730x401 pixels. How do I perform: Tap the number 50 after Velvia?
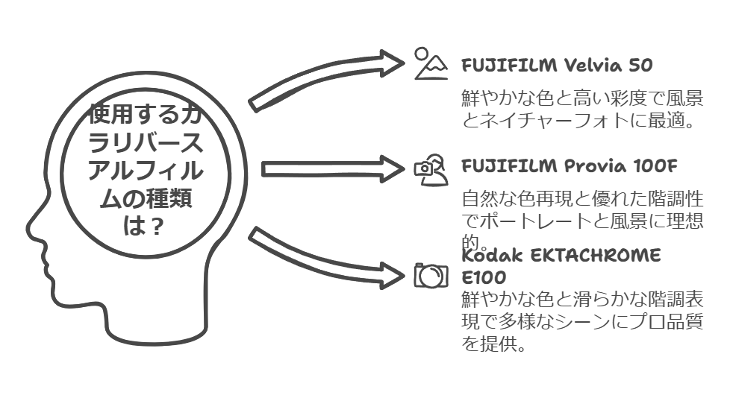point(640,66)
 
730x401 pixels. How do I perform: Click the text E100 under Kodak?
point(484,278)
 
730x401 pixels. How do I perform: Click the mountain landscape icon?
point(431,64)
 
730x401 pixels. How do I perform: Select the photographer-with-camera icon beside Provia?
point(431,168)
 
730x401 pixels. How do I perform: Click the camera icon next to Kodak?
point(431,275)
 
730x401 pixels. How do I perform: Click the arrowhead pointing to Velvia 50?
point(392,63)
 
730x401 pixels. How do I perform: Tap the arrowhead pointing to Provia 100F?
point(392,168)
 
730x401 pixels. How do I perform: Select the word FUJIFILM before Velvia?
point(509,66)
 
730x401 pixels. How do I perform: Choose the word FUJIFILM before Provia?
point(509,165)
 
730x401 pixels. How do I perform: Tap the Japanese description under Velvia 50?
point(582,109)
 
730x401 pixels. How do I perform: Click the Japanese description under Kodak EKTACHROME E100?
point(582,321)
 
